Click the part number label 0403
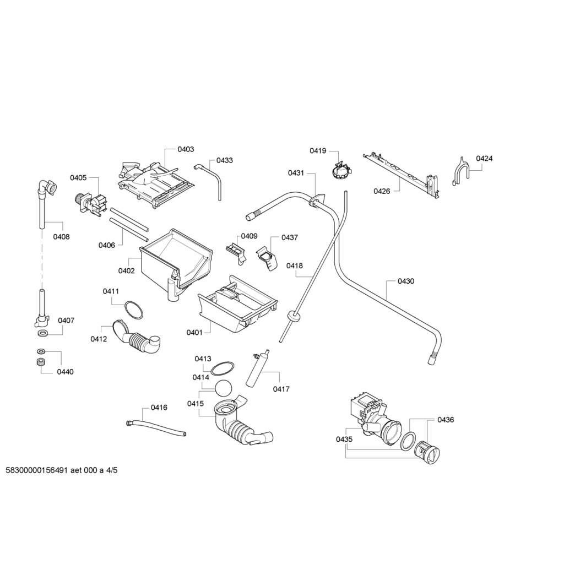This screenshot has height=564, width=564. [x=186, y=149]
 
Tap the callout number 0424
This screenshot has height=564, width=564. [x=484, y=159]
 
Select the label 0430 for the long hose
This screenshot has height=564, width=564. [x=406, y=281]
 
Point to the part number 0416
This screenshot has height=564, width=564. [x=159, y=408]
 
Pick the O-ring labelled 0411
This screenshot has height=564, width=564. [x=133, y=310]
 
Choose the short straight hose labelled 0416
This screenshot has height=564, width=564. [x=156, y=428]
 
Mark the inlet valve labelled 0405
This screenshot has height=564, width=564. [x=89, y=202]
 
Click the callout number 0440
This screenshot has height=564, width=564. [x=65, y=372]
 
